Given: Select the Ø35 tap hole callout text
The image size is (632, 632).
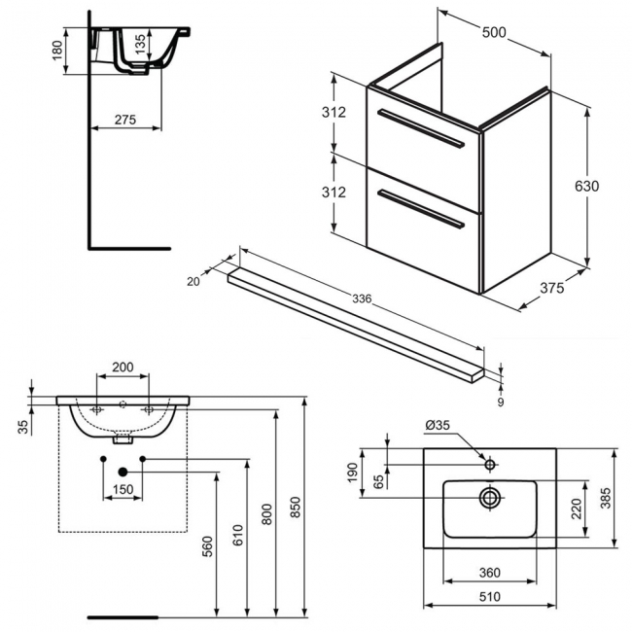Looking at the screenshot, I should click(438, 424).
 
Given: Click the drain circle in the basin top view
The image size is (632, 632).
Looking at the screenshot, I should click(489, 497).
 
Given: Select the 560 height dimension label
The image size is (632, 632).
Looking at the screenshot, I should click(207, 549).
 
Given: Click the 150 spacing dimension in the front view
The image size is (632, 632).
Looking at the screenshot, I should click(123, 488).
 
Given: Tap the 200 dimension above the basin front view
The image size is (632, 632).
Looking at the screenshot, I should click(123, 367).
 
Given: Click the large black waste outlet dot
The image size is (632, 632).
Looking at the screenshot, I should click(123, 472).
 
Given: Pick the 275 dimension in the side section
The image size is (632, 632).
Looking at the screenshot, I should click(123, 120).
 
